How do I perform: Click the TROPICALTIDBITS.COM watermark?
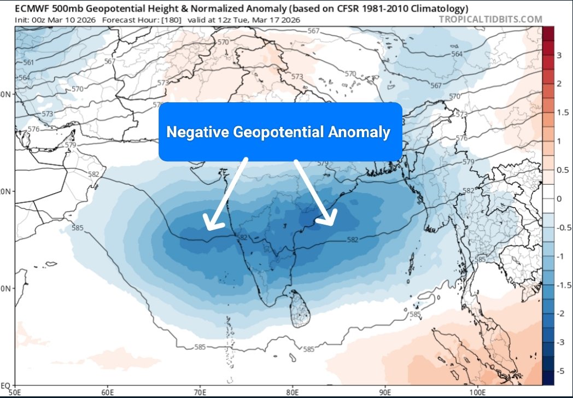click(x=490, y=20)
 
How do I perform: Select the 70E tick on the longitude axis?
click(x=200, y=392)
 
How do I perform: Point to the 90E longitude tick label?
click(x=385, y=392)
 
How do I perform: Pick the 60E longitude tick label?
click(x=107, y=392)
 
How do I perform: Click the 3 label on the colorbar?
click(x=558, y=55)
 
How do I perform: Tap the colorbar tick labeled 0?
click(x=558, y=198)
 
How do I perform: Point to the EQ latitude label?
click(x=7, y=385)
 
